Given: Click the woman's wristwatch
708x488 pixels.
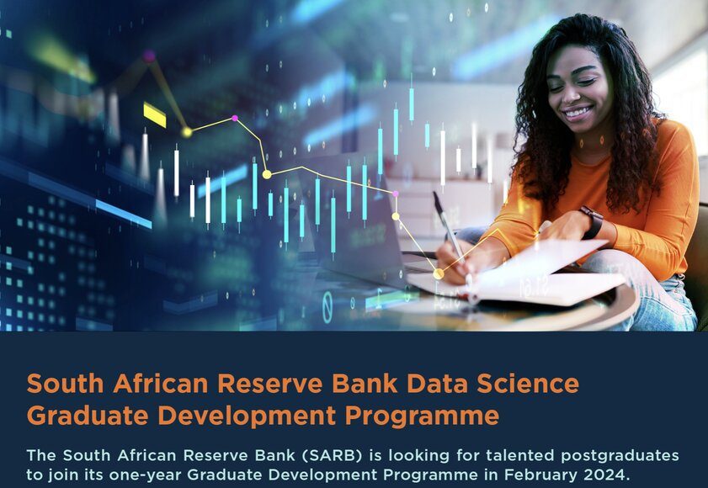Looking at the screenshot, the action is [x=592, y=221].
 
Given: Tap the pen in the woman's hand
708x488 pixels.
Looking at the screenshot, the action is [x=449, y=227].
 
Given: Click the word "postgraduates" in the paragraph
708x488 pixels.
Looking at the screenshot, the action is [x=620, y=456].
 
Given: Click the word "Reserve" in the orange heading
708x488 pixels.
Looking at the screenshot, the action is [x=270, y=384].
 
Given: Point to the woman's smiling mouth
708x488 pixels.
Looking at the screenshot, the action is [x=578, y=113].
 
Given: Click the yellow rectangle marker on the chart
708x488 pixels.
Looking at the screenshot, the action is [x=154, y=114].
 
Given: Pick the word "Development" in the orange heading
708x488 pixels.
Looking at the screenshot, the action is [x=247, y=416].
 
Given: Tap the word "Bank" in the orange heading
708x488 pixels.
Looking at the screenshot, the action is [x=365, y=384].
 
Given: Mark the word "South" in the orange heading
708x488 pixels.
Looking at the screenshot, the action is [x=66, y=384].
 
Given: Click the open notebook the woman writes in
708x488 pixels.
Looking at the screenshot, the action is [x=514, y=273].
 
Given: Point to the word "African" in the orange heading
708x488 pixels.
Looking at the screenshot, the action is [x=161, y=384].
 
